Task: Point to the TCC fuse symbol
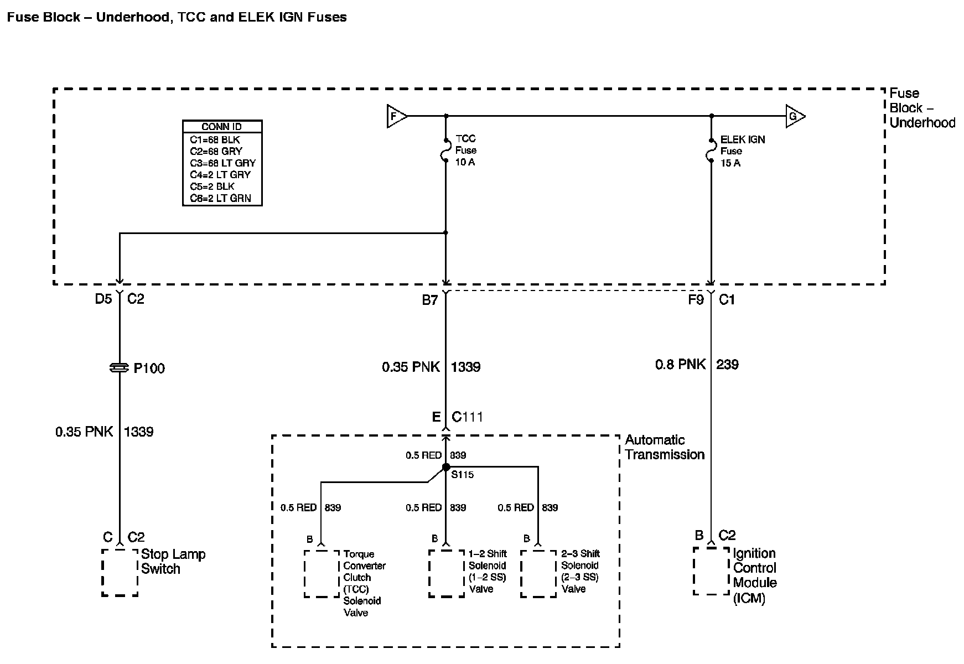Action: pos(446,150)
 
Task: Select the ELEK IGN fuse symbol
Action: pos(712,151)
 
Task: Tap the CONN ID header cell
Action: pos(222,127)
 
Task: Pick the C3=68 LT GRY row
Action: pos(222,163)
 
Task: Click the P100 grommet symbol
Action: pos(120,368)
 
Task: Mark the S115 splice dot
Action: pos(446,467)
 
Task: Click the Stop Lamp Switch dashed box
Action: pos(120,572)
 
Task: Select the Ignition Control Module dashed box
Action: pos(712,571)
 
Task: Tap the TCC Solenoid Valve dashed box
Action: pos(322,574)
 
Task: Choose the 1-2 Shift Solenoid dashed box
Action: pos(447,574)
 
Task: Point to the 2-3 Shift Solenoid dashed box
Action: pos(538,574)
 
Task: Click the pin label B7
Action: pos(430,300)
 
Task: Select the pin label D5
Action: pos(103,299)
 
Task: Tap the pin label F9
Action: pos(696,300)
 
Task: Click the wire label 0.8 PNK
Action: pos(681,364)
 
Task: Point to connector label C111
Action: pos(467,417)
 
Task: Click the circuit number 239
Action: pos(727,364)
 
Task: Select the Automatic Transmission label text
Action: pos(664,447)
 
